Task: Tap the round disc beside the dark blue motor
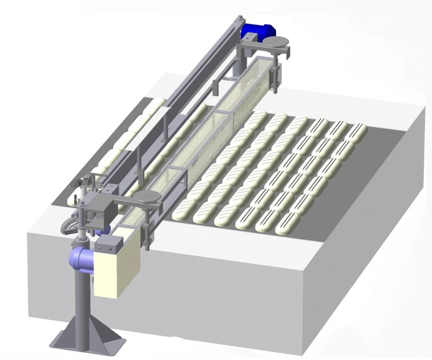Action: pos(277,43)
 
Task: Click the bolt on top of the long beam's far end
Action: pos(239,19)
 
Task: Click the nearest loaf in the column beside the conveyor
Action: pos(184,207)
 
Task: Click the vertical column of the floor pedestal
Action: pos(82,307)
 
